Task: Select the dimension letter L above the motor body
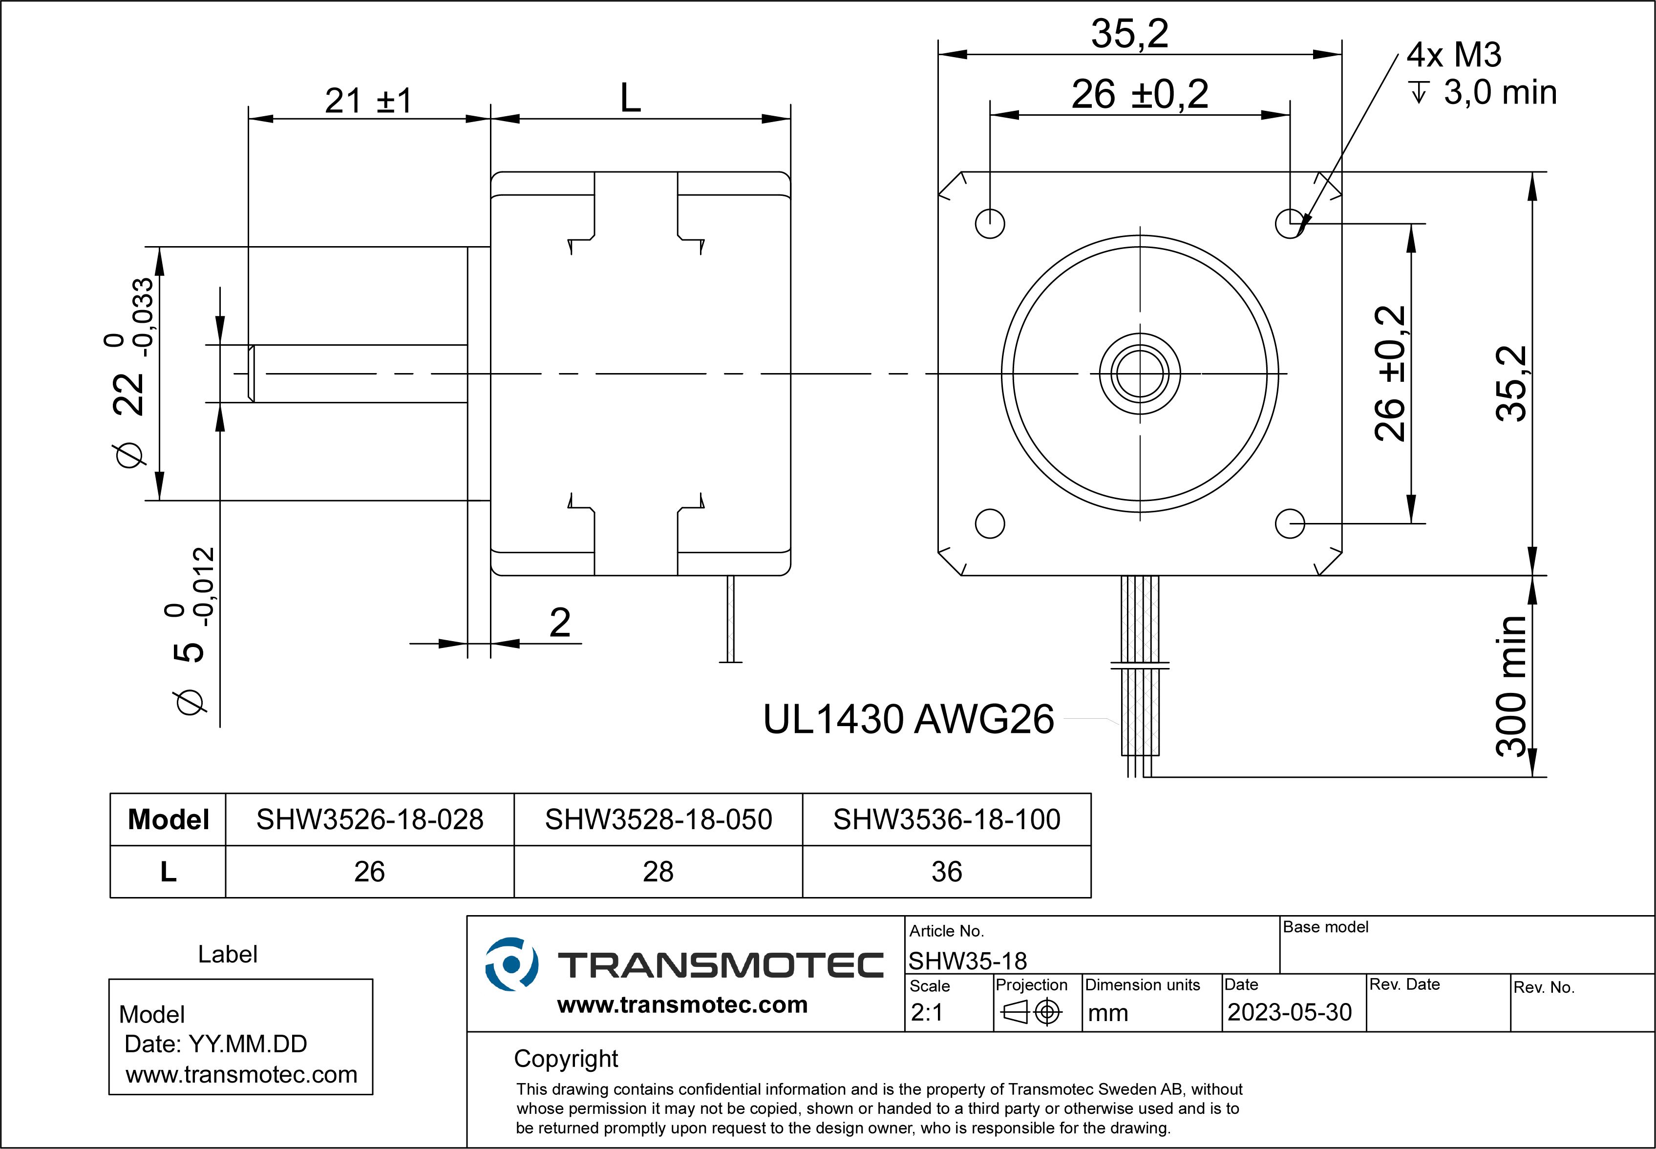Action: coord(630,98)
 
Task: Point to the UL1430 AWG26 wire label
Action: coord(908,719)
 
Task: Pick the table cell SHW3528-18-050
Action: coord(658,819)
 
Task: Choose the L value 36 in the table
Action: coord(946,872)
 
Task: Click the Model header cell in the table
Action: coord(168,819)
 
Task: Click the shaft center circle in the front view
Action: coord(1140,374)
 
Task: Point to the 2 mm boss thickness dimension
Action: coord(559,623)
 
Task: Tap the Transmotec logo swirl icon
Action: coord(511,964)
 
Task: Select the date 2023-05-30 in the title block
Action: coord(1289,1012)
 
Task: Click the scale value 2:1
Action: coord(927,1012)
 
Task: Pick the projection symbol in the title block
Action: coord(1031,1012)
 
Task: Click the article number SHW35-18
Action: coord(967,961)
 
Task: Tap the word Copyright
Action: coord(565,1058)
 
